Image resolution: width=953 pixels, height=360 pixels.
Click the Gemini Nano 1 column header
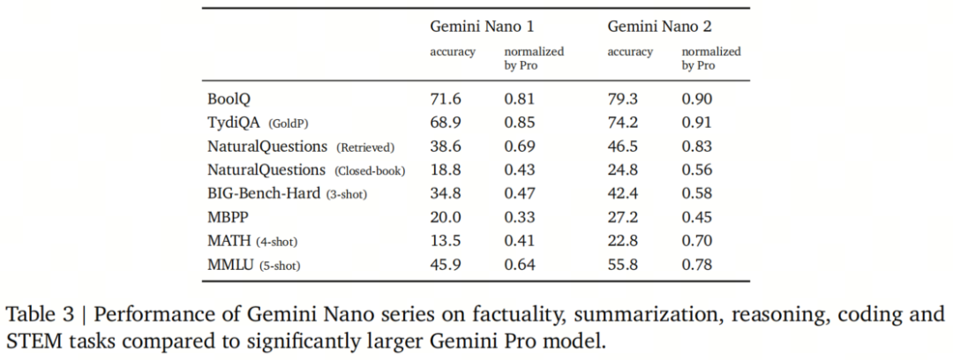point(482,26)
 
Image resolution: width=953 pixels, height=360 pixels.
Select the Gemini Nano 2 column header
point(660,26)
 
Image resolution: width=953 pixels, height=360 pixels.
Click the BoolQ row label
point(228,99)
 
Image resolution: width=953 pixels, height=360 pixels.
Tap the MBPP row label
point(228,217)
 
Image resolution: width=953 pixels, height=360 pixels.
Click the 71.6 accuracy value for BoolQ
point(446,99)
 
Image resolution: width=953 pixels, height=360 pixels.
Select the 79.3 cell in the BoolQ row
point(623,99)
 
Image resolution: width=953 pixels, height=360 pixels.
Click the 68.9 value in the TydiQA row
point(446,123)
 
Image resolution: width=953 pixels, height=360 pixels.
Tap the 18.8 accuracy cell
point(446,169)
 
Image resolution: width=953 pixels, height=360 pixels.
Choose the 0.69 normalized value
point(520,146)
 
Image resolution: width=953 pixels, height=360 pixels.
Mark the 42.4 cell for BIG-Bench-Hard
point(623,193)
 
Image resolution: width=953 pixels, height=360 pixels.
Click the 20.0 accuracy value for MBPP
point(446,217)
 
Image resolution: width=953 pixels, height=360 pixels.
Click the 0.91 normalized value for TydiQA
point(697,123)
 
